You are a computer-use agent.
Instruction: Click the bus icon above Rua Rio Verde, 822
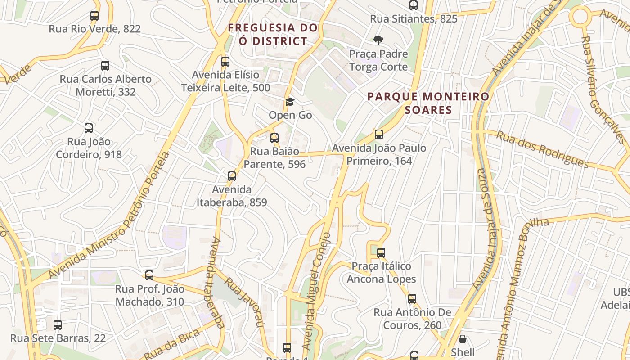tap(94, 16)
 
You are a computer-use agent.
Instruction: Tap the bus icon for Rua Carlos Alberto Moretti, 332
tap(105, 66)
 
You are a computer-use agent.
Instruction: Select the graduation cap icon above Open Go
tap(290, 102)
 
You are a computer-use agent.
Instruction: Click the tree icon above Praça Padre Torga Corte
tap(378, 40)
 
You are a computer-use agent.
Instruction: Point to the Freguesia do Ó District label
tap(273, 35)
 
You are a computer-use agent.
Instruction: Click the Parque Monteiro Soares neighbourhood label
tap(428, 103)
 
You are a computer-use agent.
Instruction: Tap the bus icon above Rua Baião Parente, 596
tap(274, 138)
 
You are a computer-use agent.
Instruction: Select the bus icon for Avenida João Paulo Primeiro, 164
tap(379, 135)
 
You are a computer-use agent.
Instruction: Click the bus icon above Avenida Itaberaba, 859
tap(232, 176)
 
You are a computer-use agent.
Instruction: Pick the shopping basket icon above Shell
tap(463, 339)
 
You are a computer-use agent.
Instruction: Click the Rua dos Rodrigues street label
tap(542, 149)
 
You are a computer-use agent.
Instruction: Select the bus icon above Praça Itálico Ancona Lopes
tap(381, 253)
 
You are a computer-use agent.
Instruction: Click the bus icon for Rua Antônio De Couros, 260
tap(412, 299)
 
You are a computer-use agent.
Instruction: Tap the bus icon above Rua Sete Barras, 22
tap(58, 325)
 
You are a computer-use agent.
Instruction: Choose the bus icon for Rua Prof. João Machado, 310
tap(149, 275)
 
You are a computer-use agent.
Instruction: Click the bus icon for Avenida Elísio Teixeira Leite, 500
tap(225, 62)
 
